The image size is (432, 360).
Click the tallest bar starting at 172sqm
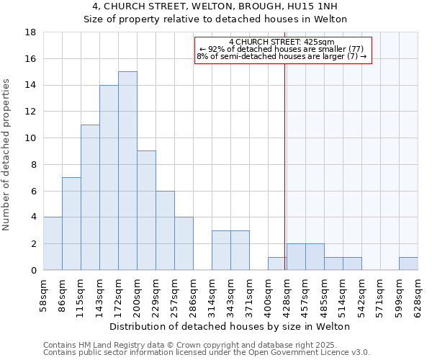pyautogui.click(x=127, y=171)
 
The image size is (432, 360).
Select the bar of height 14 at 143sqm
pyautogui.click(x=109, y=177)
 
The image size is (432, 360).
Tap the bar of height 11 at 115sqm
pyautogui.click(x=90, y=197)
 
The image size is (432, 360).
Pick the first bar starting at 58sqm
pyautogui.click(x=53, y=243)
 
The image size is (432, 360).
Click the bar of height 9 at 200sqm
pyautogui.click(x=146, y=210)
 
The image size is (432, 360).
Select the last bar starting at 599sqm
pyautogui.click(x=408, y=264)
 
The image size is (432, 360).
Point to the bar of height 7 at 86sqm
pyautogui.click(x=71, y=223)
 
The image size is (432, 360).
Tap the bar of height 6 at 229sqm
pyautogui.click(x=165, y=230)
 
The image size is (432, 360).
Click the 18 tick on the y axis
pyautogui.click(x=30, y=32)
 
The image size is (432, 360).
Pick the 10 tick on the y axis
pyautogui.click(x=30, y=138)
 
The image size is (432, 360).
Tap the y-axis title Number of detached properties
pyautogui.click(x=7, y=155)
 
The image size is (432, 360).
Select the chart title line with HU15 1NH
pyautogui.click(x=215, y=6)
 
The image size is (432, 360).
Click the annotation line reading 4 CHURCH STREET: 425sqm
pyautogui.click(x=282, y=42)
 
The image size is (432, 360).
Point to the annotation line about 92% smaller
pyautogui.click(x=282, y=49)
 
